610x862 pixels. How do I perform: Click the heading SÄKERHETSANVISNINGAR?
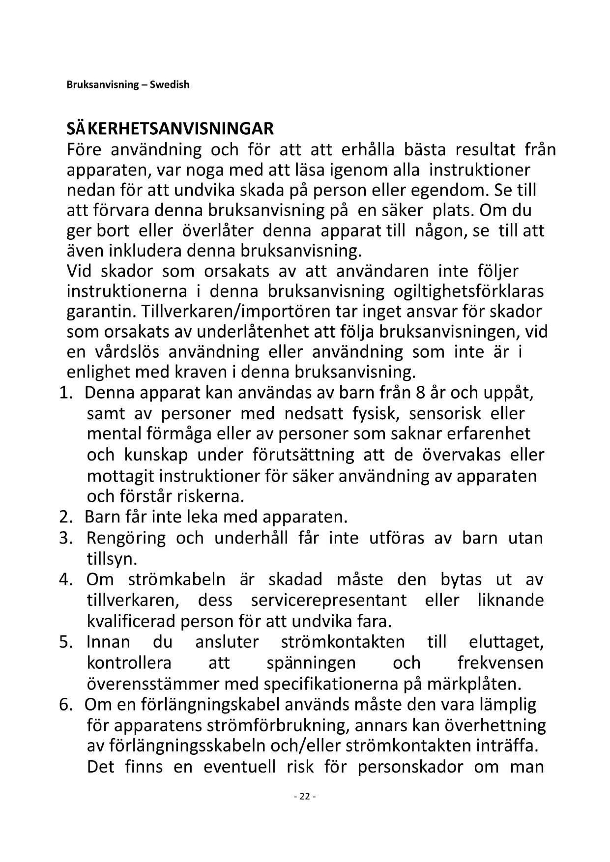point(170,129)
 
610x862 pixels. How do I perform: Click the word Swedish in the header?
point(170,85)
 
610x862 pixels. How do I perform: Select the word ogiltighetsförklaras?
point(468,291)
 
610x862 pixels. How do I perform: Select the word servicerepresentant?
point(328,601)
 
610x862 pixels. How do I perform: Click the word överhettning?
point(495,725)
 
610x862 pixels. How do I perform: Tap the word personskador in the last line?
point(410,767)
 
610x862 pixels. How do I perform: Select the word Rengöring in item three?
point(126,538)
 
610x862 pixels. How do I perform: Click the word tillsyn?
point(112,559)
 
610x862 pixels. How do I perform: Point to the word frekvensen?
point(500,663)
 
